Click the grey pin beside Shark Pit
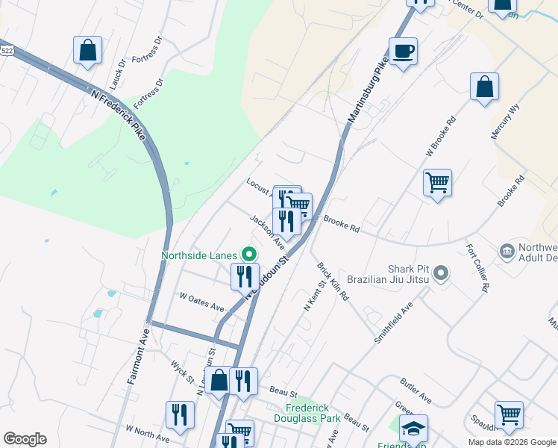tap(441, 273)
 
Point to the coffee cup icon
tap(403, 52)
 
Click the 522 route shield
tap(7, 49)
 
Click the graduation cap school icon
tap(413, 429)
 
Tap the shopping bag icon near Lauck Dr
tap(88, 50)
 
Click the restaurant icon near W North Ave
tap(180, 415)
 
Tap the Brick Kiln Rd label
tap(333, 281)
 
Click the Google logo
tap(25, 439)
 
